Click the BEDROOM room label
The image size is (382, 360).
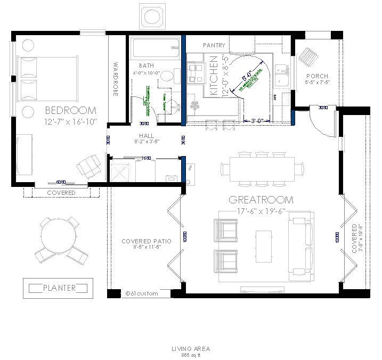coord(70,111)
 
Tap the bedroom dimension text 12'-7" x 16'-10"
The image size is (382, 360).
coord(70,122)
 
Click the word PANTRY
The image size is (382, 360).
coord(214,46)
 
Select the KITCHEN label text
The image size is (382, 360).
coord(214,76)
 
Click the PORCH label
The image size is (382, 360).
coord(316,76)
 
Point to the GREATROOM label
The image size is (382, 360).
coord(261,200)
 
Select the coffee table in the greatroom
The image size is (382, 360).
coord(263,242)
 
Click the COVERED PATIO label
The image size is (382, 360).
coord(146,241)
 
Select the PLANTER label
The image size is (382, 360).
coord(59,288)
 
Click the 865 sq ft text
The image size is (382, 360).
coord(190,354)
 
